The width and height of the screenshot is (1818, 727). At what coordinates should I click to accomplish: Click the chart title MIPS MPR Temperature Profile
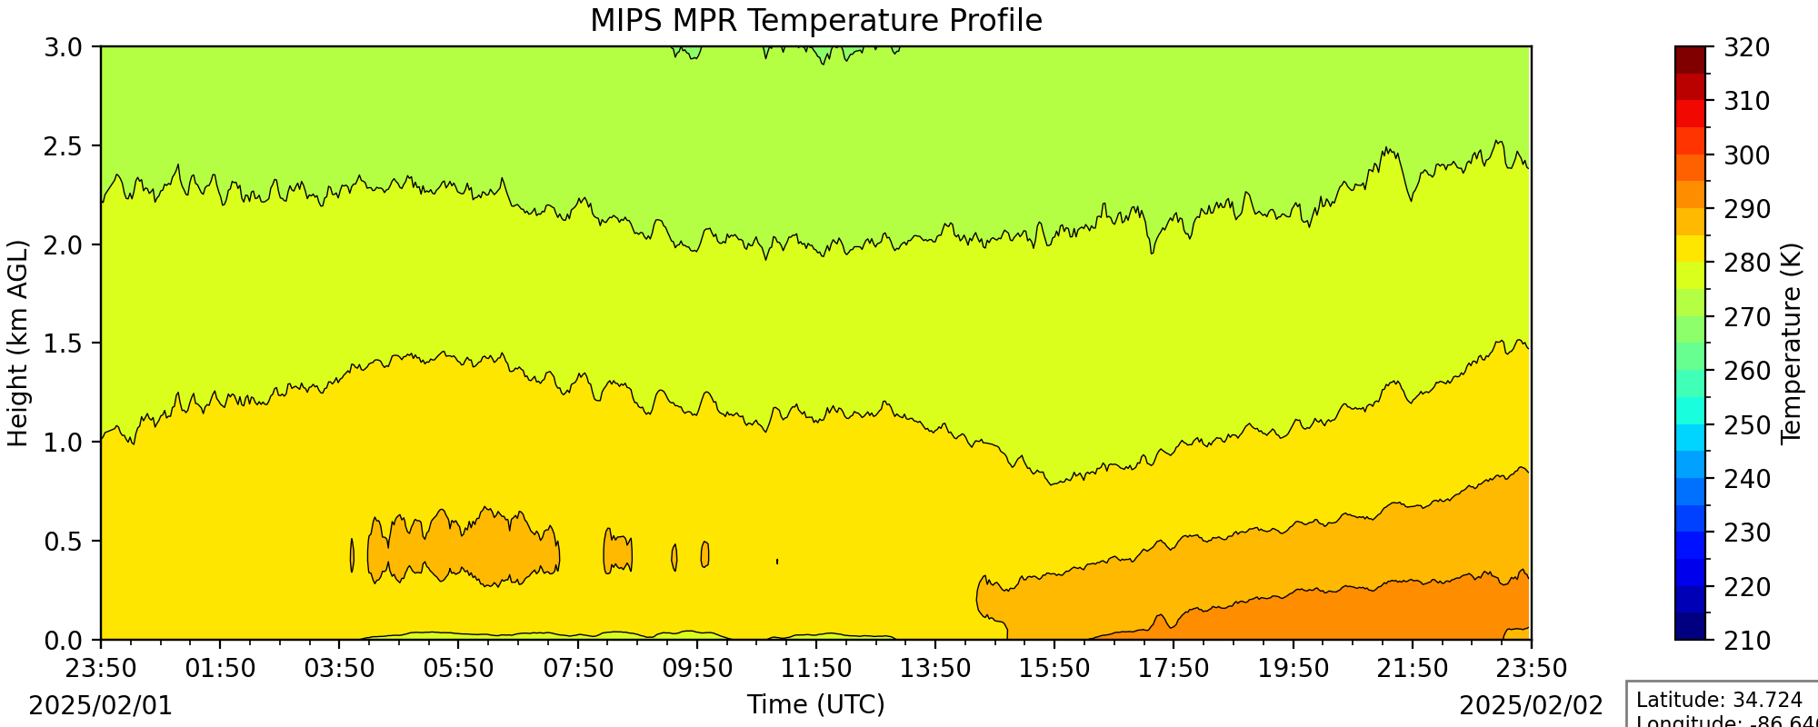click(815, 20)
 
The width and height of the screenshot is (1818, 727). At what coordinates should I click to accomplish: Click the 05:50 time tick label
click(458, 669)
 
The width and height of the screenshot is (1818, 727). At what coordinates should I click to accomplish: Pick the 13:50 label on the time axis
click(935, 669)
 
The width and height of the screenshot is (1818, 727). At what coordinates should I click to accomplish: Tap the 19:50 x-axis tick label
click(1293, 669)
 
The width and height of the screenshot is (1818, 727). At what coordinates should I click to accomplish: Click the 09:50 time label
click(697, 669)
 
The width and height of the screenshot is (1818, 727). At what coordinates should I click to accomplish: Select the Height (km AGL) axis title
click(18, 344)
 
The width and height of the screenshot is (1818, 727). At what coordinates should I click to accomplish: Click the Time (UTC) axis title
click(815, 705)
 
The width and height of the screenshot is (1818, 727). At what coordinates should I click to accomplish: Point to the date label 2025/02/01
click(101, 706)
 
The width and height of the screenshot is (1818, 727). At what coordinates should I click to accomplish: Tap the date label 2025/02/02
click(1531, 706)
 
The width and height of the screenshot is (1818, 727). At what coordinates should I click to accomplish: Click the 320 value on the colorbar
click(1747, 47)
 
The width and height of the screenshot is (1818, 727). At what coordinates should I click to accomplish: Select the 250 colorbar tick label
click(1747, 425)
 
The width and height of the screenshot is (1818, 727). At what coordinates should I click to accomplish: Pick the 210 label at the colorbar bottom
click(1747, 641)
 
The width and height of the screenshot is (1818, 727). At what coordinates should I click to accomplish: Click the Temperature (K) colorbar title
click(1791, 344)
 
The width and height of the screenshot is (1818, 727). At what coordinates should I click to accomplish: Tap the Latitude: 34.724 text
click(1719, 701)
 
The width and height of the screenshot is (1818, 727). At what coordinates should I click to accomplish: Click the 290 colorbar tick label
click(1747, 209)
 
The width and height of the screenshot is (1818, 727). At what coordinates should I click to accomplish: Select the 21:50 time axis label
click(1412, 669)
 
